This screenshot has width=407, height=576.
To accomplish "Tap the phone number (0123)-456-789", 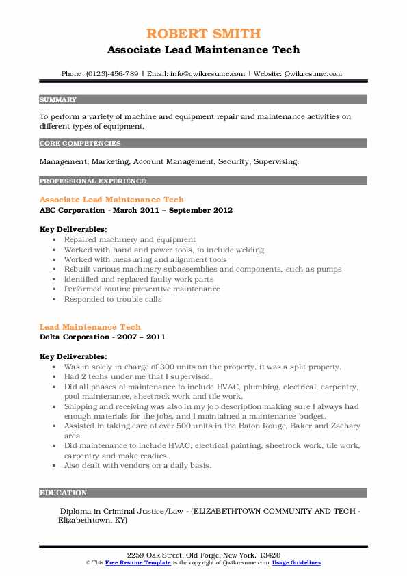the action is click(111, 74).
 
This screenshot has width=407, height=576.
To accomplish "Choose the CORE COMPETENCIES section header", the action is click(80, 144).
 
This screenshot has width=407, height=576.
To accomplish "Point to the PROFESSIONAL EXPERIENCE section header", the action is click(92, 181).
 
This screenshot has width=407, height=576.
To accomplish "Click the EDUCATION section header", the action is click(63, 493).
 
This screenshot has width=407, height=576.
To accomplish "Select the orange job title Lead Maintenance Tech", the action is click(90, 327).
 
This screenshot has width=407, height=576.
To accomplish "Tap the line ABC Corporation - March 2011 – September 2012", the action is click(136, 210).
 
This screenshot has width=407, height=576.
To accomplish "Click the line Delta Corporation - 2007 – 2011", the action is click(103, 337).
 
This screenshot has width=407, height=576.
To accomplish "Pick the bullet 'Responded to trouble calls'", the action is click(113, 299).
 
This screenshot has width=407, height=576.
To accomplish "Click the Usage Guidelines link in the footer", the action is click(296, 562).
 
